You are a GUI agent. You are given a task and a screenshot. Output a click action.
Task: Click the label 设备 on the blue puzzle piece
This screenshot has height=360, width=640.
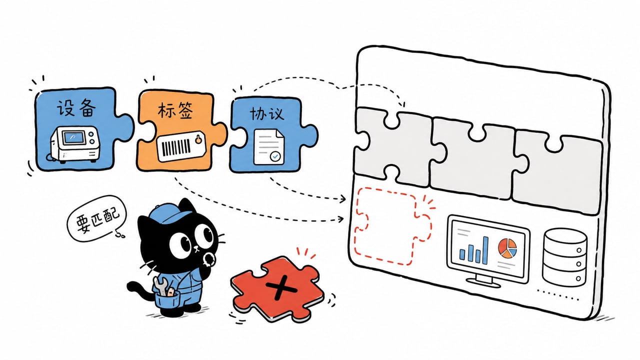pyautogui.click(x=75, y=108)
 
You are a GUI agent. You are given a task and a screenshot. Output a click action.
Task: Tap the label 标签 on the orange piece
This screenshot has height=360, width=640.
pyautogui.click(x=175, y=110)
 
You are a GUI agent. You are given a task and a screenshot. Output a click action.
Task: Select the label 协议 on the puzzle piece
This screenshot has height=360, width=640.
pyautogui.click(x=267, y=113)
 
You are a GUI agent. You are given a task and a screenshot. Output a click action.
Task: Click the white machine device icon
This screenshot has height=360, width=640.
pyautogui.click(x=75, y=144)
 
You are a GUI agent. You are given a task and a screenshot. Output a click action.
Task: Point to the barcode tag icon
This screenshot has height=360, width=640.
pyautogui.click(x=181, y=146)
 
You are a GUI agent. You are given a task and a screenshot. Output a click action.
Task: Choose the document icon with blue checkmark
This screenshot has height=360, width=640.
pyautogui.click(x=269, y=147)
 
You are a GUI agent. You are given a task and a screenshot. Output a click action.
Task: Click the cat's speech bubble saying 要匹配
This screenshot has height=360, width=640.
pyautogui.click(x=96, y=218)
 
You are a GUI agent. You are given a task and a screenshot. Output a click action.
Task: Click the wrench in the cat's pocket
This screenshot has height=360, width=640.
pyautogui.click(x=160, y=285)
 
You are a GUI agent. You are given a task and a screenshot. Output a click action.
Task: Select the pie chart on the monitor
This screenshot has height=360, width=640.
pyautogui.click(x=507, y=248)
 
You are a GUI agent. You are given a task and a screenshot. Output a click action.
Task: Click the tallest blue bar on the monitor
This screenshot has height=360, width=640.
pyautogui.click(x=485, y=250)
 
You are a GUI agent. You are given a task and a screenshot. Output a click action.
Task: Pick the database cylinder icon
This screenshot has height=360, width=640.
pyautogui.click(x=564, y=257)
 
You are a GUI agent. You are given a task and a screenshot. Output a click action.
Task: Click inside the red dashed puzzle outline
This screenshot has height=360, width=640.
pyautogui.click(x=391, y=225)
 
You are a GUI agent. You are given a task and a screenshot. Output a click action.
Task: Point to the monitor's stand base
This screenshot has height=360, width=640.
pyautogui.click(x=483, y=282)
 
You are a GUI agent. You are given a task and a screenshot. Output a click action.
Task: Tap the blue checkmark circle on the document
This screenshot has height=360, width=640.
pyautogui.click(x=275, y=156)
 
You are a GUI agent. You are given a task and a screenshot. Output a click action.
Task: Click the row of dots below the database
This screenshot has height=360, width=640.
pyautogui.click(x=557, y=295)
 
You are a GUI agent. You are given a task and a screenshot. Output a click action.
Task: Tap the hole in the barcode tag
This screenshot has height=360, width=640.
pyautogui.click(x=198, y=140)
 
